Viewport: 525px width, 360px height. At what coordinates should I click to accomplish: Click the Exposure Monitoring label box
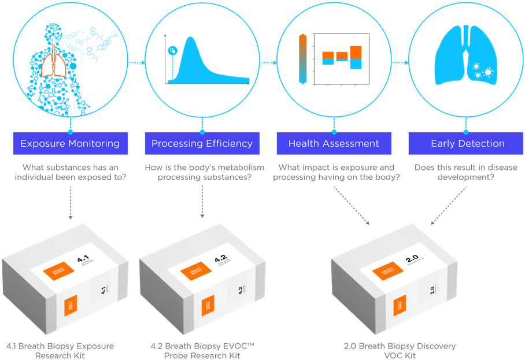click(70, 143)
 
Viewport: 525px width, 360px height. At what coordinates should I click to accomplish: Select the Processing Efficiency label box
click(202, 143)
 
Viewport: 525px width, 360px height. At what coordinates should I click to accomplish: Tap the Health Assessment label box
click(334, 143)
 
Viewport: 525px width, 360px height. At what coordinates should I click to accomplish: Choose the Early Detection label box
click(467, 143)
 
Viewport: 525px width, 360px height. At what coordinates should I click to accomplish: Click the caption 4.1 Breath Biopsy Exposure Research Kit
click(60, 350)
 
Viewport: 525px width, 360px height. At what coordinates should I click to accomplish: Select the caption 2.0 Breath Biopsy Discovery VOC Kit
click(399, 350)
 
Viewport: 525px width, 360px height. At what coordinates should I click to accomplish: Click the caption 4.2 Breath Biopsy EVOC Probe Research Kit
click(202, 350)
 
